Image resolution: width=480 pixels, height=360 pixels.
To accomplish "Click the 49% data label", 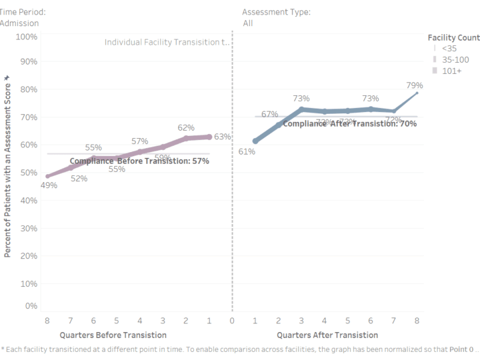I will (49, 185).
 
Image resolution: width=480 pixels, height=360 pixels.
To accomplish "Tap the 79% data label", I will (415, 85).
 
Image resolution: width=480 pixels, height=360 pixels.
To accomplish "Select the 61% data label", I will (247, 152).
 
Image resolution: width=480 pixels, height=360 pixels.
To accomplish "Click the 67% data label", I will (269, 114).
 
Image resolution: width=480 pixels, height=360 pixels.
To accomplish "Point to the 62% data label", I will (186, 127).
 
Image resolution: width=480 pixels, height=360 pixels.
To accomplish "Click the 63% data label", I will (223, 137).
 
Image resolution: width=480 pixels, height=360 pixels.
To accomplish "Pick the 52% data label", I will (79, 178).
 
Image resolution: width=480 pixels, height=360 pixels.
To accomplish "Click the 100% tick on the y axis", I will (25, 36).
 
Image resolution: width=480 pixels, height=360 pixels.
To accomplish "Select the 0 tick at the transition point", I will (232, 320).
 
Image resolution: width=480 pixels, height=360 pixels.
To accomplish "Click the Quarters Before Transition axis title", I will (113, 335).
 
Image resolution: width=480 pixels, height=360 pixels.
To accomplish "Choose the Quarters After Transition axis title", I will (327, 335).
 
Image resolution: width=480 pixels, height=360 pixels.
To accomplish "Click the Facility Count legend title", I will (453, 38).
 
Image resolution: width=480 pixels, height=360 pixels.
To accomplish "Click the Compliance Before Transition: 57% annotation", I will (139, 161).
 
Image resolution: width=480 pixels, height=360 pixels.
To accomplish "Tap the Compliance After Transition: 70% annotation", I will (350, 123).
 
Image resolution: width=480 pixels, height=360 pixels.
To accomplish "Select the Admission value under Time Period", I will (19, 23).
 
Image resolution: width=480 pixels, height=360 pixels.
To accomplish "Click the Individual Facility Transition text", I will (167, 42).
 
